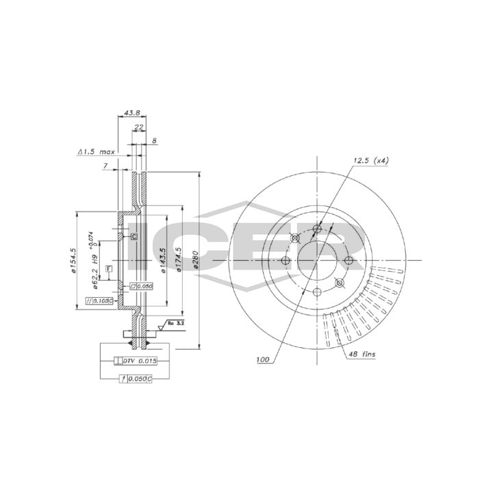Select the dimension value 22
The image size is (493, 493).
138,127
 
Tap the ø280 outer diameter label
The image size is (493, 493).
195,260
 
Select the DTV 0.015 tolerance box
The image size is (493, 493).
139,360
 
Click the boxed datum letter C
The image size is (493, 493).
134,236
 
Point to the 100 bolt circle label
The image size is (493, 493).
263,359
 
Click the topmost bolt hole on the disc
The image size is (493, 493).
316,229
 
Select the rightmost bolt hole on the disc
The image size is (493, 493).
349,260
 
